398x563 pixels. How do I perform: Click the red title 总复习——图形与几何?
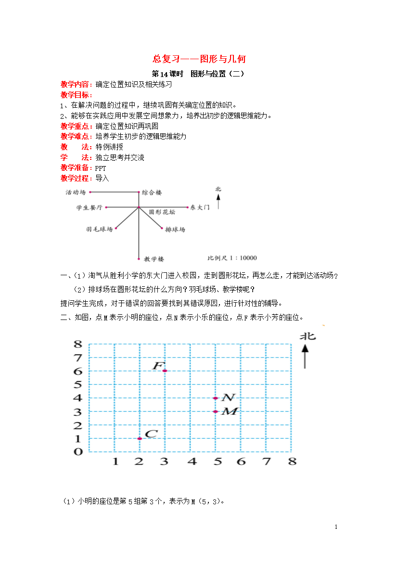[x=199, y=59]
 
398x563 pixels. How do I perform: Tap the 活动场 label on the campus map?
[x=76, y=192]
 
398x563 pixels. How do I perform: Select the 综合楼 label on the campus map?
[x=152, y=192]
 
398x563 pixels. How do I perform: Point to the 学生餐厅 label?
[x=89, y=207]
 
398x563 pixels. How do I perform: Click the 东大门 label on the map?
[x=200, y=207]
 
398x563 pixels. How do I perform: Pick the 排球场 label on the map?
[x=175, y=230]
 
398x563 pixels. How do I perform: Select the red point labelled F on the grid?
[x=165, y=371]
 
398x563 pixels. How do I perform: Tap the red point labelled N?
[x=216, y=398]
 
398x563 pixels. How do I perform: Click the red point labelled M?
[x=216, y=411]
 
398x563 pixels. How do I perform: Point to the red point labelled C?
[x=140, y=438]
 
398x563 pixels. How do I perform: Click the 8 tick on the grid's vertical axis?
[x=78, y=344]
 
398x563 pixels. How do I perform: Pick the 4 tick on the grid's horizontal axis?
[x=192, y=461]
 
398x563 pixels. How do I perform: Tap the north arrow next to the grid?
[x=305, y=356]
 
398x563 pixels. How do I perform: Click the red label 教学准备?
[x=75, y=168]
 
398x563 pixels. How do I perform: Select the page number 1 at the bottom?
[x=336, y=527]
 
